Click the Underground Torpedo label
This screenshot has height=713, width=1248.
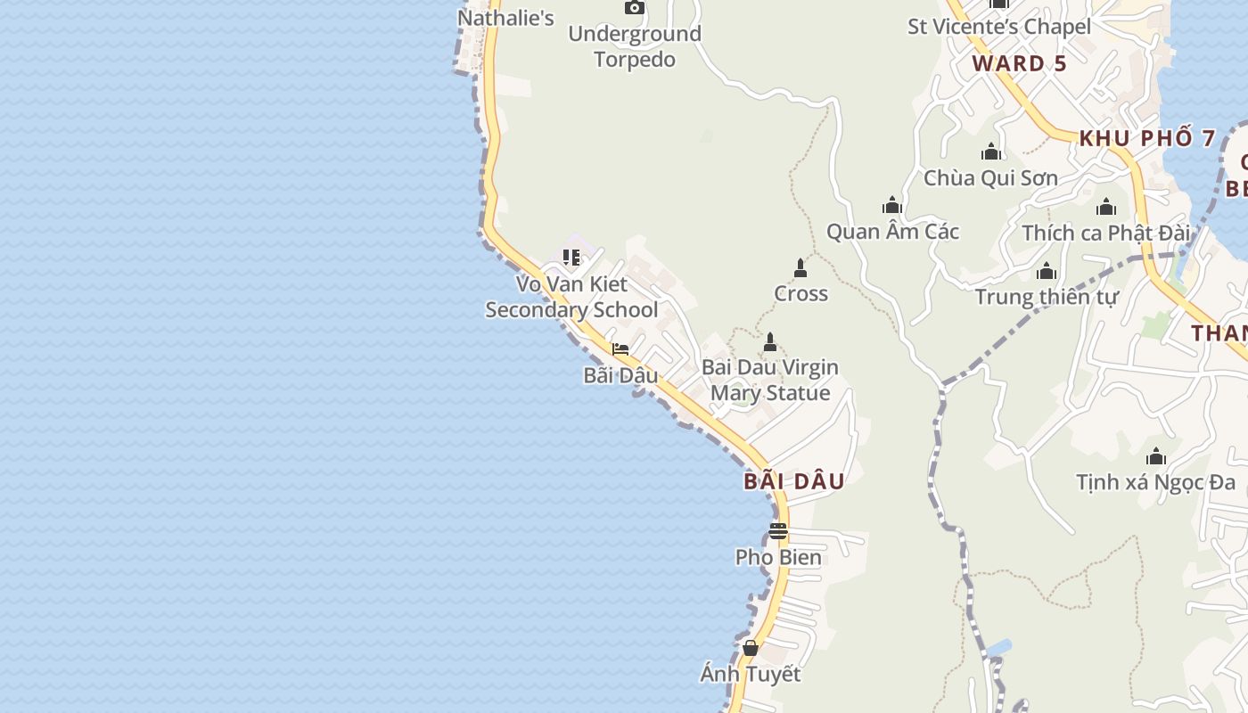635,46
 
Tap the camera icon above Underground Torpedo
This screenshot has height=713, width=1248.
635,8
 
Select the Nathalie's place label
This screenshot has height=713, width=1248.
505,18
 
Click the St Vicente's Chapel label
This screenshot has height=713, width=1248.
998,27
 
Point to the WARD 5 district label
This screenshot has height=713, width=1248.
1020,63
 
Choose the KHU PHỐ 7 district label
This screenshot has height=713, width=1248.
1147,138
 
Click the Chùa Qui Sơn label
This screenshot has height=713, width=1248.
990,178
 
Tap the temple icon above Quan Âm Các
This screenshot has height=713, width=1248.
891,206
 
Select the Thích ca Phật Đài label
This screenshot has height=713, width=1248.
1105,234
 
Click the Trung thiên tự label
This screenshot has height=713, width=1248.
1046,297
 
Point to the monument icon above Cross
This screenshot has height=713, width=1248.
801,267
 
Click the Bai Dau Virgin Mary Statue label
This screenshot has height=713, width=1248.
770,380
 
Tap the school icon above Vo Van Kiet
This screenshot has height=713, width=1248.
571,258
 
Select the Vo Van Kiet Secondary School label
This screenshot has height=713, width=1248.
571,297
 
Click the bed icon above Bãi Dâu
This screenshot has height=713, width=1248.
620,349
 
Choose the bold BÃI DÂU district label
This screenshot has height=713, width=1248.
794,481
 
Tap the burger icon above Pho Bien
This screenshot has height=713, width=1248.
778,531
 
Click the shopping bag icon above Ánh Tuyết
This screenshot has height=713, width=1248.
751,648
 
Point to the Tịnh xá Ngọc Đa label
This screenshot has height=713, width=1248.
1155,483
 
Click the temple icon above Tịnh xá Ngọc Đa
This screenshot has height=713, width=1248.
1156,457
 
